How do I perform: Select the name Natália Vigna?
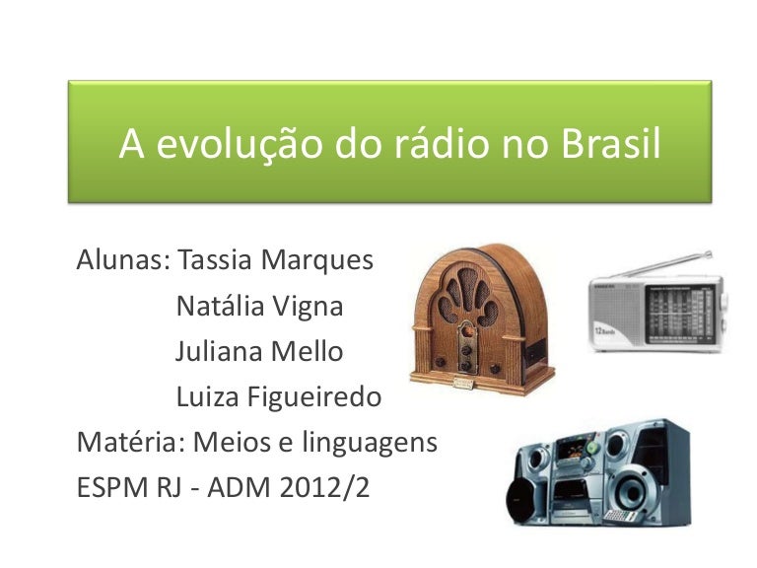click(259, 306)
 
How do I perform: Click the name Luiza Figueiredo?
click(278, 396)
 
